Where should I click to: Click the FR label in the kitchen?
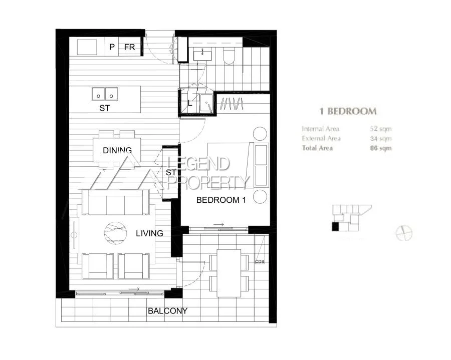tap(129, 47)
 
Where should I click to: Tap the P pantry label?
tap(111, 47)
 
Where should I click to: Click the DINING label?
tap(117, 150)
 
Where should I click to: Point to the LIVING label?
tap(149, 233)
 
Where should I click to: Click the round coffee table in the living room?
tap(116, 233)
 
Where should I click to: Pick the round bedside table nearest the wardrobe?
tap(260, 134)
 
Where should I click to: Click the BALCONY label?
tap(167, 311)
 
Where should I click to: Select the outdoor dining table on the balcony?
tap(229, 273)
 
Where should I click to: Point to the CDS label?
tap(259, 261)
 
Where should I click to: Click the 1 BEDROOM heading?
tap(348, 111)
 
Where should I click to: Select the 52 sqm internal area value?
tap(381, 129)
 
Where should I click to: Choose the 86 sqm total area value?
tap(381, 148)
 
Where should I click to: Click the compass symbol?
tap(403, 233)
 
